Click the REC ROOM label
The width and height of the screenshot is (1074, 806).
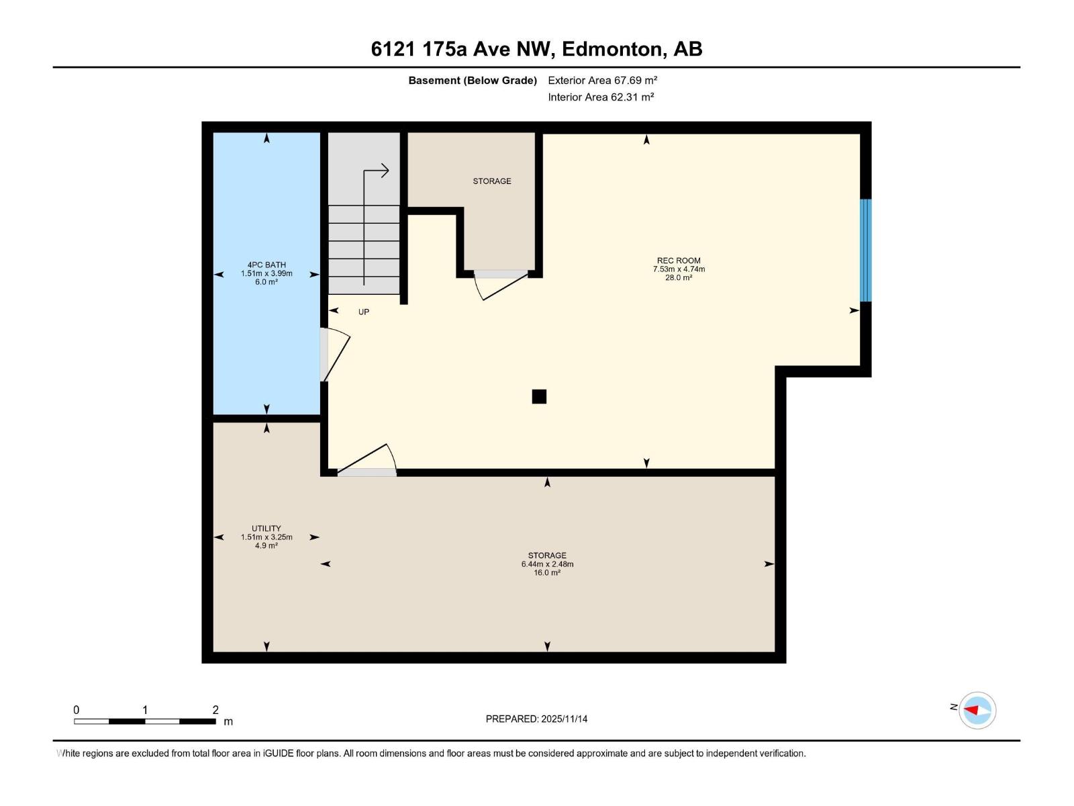[678, 261]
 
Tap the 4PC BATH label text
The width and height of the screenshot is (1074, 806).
[266, 265]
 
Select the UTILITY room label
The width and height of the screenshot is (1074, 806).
[266, 529]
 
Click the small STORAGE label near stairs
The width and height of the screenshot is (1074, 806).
[491, 181]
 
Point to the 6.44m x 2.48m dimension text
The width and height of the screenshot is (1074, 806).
[547, 564]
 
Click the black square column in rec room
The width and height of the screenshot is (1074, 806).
[539, 396]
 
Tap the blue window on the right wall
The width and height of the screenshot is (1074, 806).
[866, 250]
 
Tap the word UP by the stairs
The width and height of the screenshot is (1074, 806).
[363, 312]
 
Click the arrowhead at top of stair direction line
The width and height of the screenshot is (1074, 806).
[385, 171]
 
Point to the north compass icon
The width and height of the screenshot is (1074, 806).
[977, 710]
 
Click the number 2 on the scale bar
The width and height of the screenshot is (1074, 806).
[215, 709]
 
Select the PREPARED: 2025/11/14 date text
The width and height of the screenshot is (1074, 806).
[536, 719]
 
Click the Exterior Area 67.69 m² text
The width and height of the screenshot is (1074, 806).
[602, 80]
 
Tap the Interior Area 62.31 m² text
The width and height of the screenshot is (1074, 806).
[601, 97]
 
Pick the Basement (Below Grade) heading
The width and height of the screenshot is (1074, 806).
[473, 81]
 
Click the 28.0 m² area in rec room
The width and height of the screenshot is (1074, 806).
[678, 277]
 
